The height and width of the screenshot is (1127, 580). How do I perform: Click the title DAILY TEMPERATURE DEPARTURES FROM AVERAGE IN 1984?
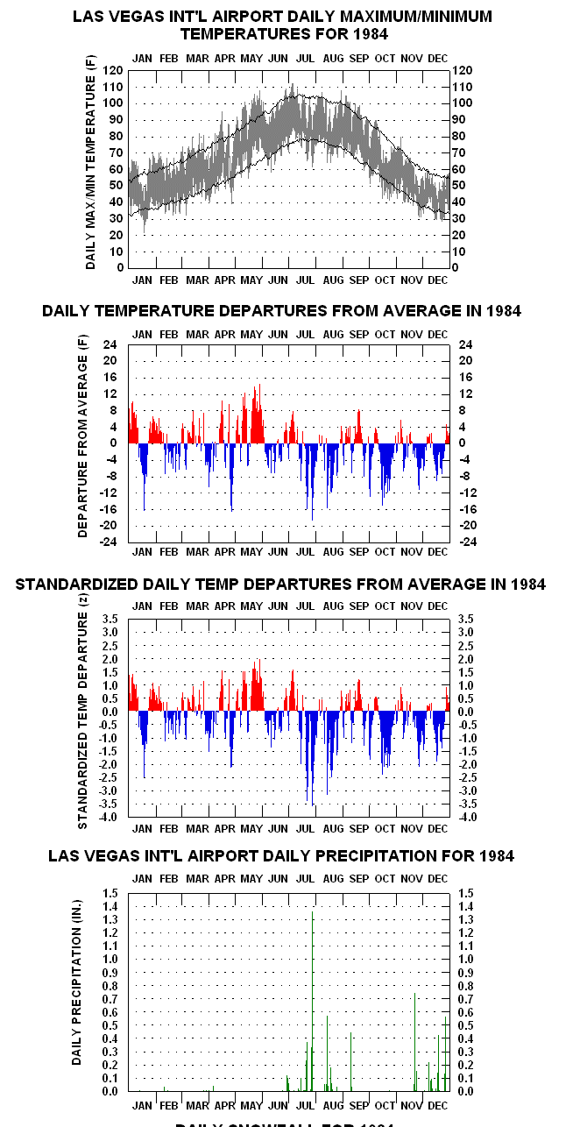(x=281, y=311)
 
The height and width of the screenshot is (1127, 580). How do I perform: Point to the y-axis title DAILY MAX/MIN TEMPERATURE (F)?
(x=90, y=161)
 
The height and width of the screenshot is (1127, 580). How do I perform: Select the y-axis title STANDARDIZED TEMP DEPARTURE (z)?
(x=83, y=720)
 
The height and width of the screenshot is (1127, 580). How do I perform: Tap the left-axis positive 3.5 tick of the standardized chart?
(x=111, y=619)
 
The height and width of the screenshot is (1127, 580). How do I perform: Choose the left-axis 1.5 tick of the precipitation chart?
(x=111, y=893)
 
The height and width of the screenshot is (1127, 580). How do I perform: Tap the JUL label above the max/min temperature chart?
(x=306, y=59)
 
